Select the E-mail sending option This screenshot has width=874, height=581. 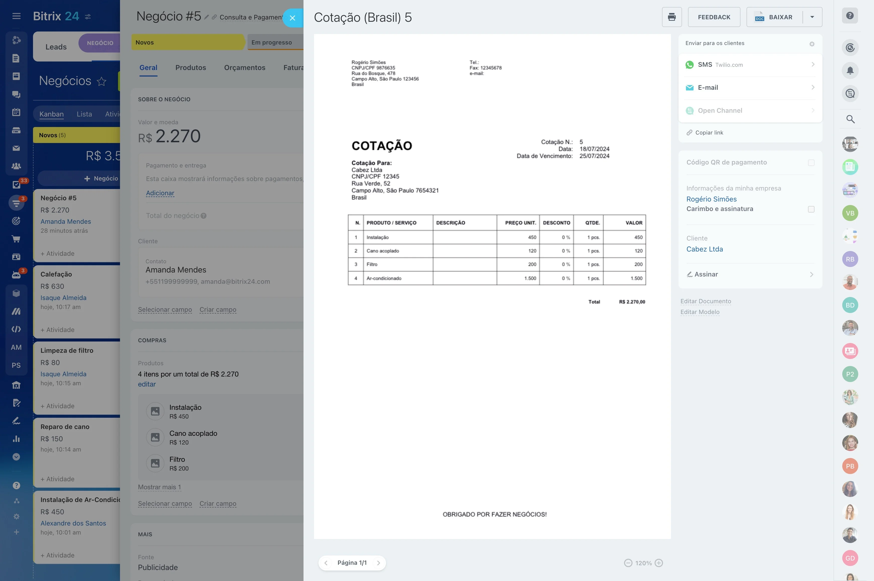(x=750, y=87)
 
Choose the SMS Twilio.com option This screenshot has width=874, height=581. (x=750, y=65)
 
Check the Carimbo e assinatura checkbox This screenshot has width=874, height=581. (x=811, y=209)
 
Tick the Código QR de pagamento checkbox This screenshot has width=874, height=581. (x=811, y=163)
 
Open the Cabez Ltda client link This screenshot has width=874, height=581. (x=704, y=249)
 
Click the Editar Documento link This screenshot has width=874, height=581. (x=705, y=301)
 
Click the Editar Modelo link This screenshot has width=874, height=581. (x=700, y=312)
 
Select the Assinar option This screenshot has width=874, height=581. (x=750, y=274)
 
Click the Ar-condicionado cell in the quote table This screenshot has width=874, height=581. (x=384, y=278)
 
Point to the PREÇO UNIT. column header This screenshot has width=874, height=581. (x=520, y=223)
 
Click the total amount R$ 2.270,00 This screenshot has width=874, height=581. (x=632, y=302)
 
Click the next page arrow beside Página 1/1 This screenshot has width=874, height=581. (x=378, y=563)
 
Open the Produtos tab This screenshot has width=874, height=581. (x=190, y=68)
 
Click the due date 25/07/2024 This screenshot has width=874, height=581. (x=594, y=156)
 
